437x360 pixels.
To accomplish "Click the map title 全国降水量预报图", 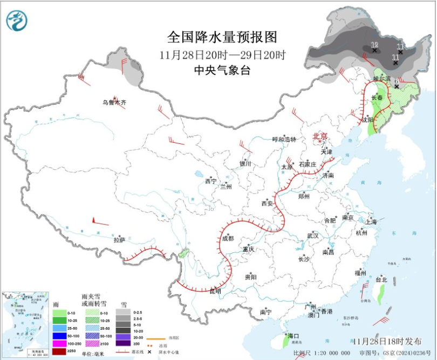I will [x=222, y=37].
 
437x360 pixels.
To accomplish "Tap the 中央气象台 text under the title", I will [x=222, y=70].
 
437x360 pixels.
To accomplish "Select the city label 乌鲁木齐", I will [x=114, y=102].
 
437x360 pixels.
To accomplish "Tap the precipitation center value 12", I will [x=374, y=45].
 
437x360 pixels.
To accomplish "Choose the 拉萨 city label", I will [x=119, y=239].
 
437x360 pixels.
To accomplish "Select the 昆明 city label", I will [x=215, y=291].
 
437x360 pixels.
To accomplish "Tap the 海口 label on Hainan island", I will [x=293, y=336].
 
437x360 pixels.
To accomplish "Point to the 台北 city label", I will [x=381, y=280].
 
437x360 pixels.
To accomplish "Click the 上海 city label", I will [x=371, y=221].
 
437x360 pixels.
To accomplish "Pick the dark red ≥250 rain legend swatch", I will [x=60, y=351].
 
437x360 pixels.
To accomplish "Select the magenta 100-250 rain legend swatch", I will [x=60, y=343].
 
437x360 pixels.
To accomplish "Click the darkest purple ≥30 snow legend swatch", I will [x=124, y=343].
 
